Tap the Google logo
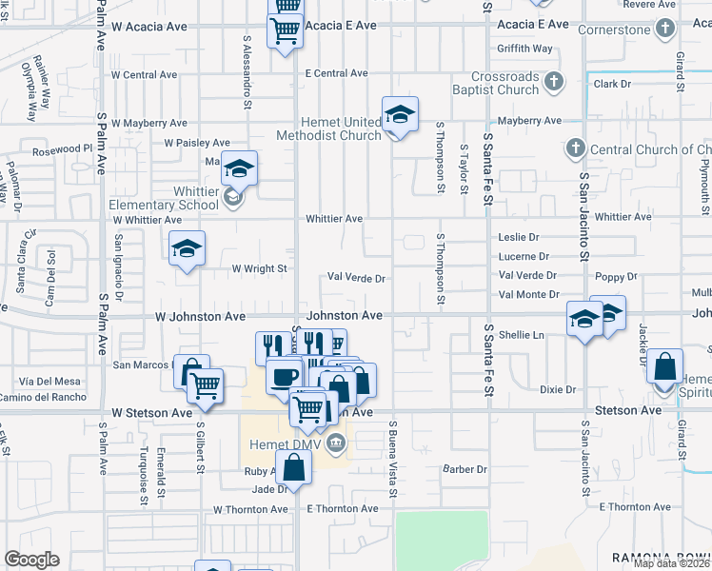click(x=31, y=560)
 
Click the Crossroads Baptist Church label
click(x=505, y=84)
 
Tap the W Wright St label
click(x=260, y=268)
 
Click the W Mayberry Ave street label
click(x=149, y=123)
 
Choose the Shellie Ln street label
click(x=522, y=335)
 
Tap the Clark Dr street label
click(x=612, y=84)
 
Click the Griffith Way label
click(x=524, y=49)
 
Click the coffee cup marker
click(x=283, y=376)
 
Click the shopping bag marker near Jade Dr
click(x=294, y=467)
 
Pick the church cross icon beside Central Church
click(x=575, y=148)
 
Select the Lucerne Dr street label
click(x=524, y=256)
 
